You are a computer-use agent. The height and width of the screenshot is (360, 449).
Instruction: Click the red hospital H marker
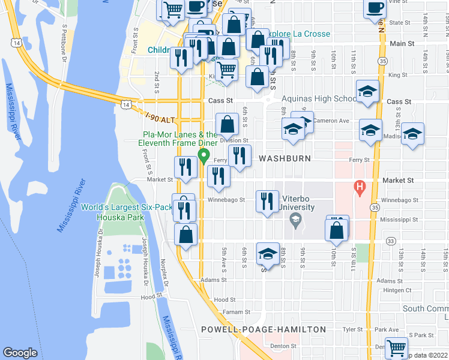(x=360, y=187)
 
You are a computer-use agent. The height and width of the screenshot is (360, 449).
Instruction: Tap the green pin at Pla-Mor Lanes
(x=203, y=157)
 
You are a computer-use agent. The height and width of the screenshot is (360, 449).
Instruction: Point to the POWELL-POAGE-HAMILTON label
(x=264, y=329)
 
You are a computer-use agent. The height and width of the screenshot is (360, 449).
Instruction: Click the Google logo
(x=20, y=353)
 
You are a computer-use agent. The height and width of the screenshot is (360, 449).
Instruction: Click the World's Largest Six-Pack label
(x=127, y=207)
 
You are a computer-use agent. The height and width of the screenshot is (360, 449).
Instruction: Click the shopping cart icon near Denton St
(x=396, y=347)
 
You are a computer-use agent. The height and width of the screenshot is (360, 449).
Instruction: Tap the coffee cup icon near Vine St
(x=375, y=8)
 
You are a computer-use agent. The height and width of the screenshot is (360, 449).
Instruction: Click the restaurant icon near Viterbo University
(x=267, y=201)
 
